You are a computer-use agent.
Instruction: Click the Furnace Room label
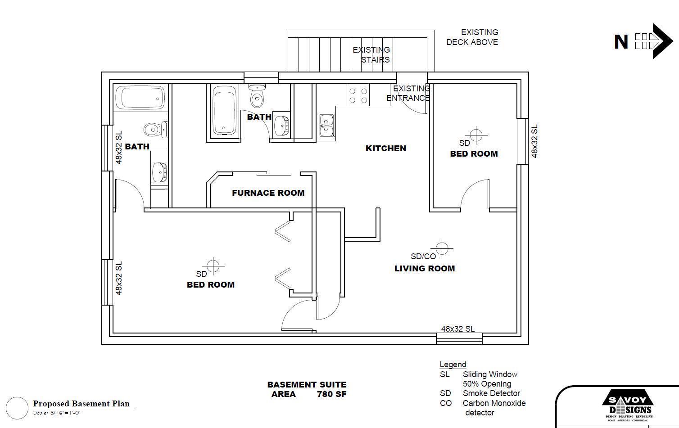[268, 193]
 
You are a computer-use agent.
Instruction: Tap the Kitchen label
[386, 148]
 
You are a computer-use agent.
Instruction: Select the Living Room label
[425, 269]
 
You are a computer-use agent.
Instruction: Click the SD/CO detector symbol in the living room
[442, 248]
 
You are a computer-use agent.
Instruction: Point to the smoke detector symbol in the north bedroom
[476, 135]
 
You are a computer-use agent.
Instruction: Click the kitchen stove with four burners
[358, 95]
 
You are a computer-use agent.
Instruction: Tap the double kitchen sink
[326, 125]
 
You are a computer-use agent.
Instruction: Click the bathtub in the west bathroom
[140, 98]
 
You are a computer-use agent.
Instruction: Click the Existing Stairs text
[371, 54]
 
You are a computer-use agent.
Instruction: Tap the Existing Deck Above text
[472, 37]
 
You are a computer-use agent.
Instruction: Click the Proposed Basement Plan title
[81, 404]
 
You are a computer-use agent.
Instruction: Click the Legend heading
[453, 365]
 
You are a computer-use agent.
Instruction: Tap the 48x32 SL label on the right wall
[534, 142]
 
